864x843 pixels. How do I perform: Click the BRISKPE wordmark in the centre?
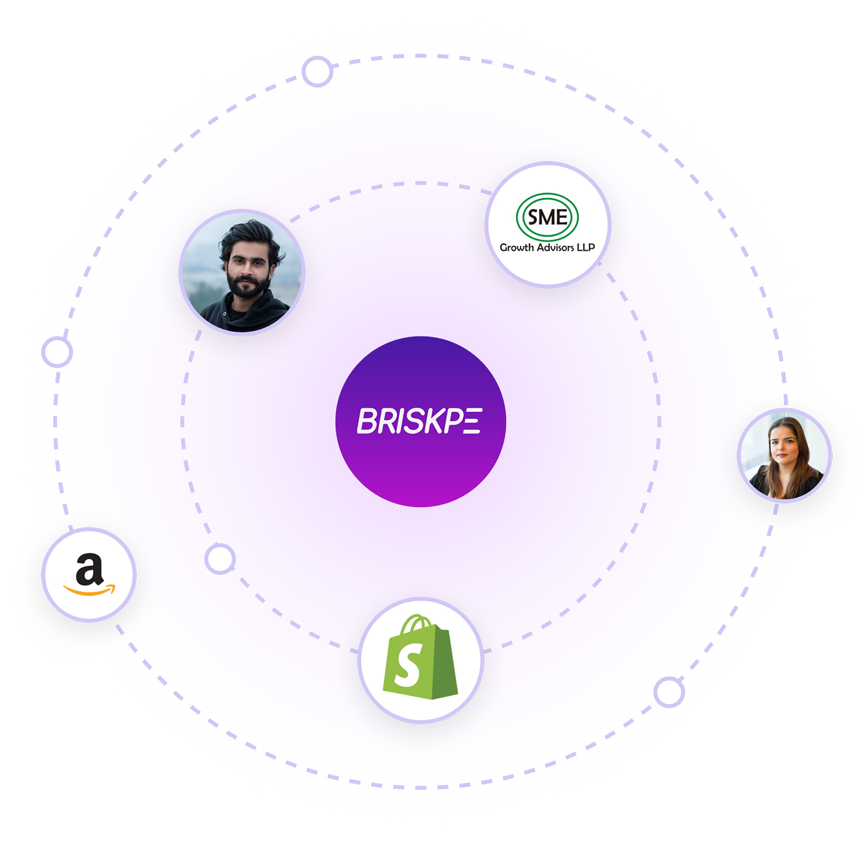pyautogui.click(x=420, y=421)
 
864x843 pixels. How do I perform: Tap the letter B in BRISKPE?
pyautogui.click(x=369, y=421)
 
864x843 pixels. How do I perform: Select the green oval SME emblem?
pyautogui.click(x=547, y=217)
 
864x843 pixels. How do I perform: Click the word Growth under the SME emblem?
pyautogui.click(x=517, y=248)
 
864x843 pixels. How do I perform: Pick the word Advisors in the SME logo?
pyautogui.click(x=555, y=248)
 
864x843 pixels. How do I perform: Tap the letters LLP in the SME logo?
pyautogui.click(x=586, y=248)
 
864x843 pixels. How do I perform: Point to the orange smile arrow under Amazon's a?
pyautogui.click(x=90, y=590)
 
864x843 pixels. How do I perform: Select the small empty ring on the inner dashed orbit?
pyautogui.click(x=220, y=560)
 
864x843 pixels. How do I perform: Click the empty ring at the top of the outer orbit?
pyautogui.click(x=317, y=72)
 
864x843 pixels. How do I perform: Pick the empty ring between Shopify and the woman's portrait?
pyautogui.click(x=669, y=692)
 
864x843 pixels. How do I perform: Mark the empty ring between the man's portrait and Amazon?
pyautogui.click(x=57, y=352)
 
